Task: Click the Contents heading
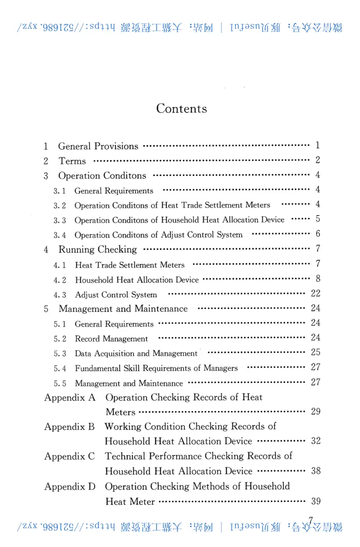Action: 181,109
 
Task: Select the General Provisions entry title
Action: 98,146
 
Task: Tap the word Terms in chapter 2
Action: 72,161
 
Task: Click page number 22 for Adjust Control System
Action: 315,294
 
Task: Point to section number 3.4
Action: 60,235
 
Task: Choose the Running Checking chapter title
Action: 97,250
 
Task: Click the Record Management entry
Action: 111,339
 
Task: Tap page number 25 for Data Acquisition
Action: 315,352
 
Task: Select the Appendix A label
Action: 70,398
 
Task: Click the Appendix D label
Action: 70,486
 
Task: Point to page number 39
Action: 315,501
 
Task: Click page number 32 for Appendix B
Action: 315,441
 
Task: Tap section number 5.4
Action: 60,368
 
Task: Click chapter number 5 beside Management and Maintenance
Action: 46,309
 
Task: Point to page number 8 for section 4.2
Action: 318,279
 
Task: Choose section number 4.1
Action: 60,265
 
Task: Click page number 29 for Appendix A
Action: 315,412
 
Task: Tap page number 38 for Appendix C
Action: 315,471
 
